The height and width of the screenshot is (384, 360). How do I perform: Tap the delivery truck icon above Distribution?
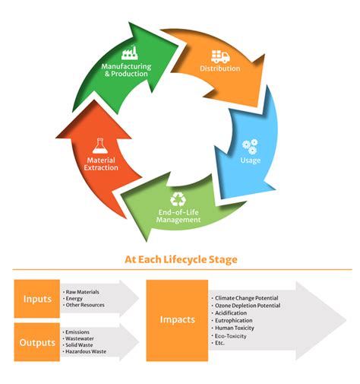220,56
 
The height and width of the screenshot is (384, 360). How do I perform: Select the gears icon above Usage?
250,145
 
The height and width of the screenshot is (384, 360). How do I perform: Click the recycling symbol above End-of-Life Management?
178,199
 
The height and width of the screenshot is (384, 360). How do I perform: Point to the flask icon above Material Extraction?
100,146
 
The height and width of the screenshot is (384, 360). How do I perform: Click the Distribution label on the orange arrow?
220,68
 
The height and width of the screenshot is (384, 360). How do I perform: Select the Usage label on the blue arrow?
250,160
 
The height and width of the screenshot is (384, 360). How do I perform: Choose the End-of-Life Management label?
178,216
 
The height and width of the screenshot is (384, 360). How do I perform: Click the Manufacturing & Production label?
126,70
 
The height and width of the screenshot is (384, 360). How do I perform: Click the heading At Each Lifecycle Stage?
181,259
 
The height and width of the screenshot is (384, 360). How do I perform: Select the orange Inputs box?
36,299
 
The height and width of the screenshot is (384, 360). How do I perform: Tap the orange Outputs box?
36,342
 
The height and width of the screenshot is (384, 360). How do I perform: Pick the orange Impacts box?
176,320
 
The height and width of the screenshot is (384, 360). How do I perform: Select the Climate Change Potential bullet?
247,297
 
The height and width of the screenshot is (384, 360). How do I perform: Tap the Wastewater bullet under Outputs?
82,339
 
